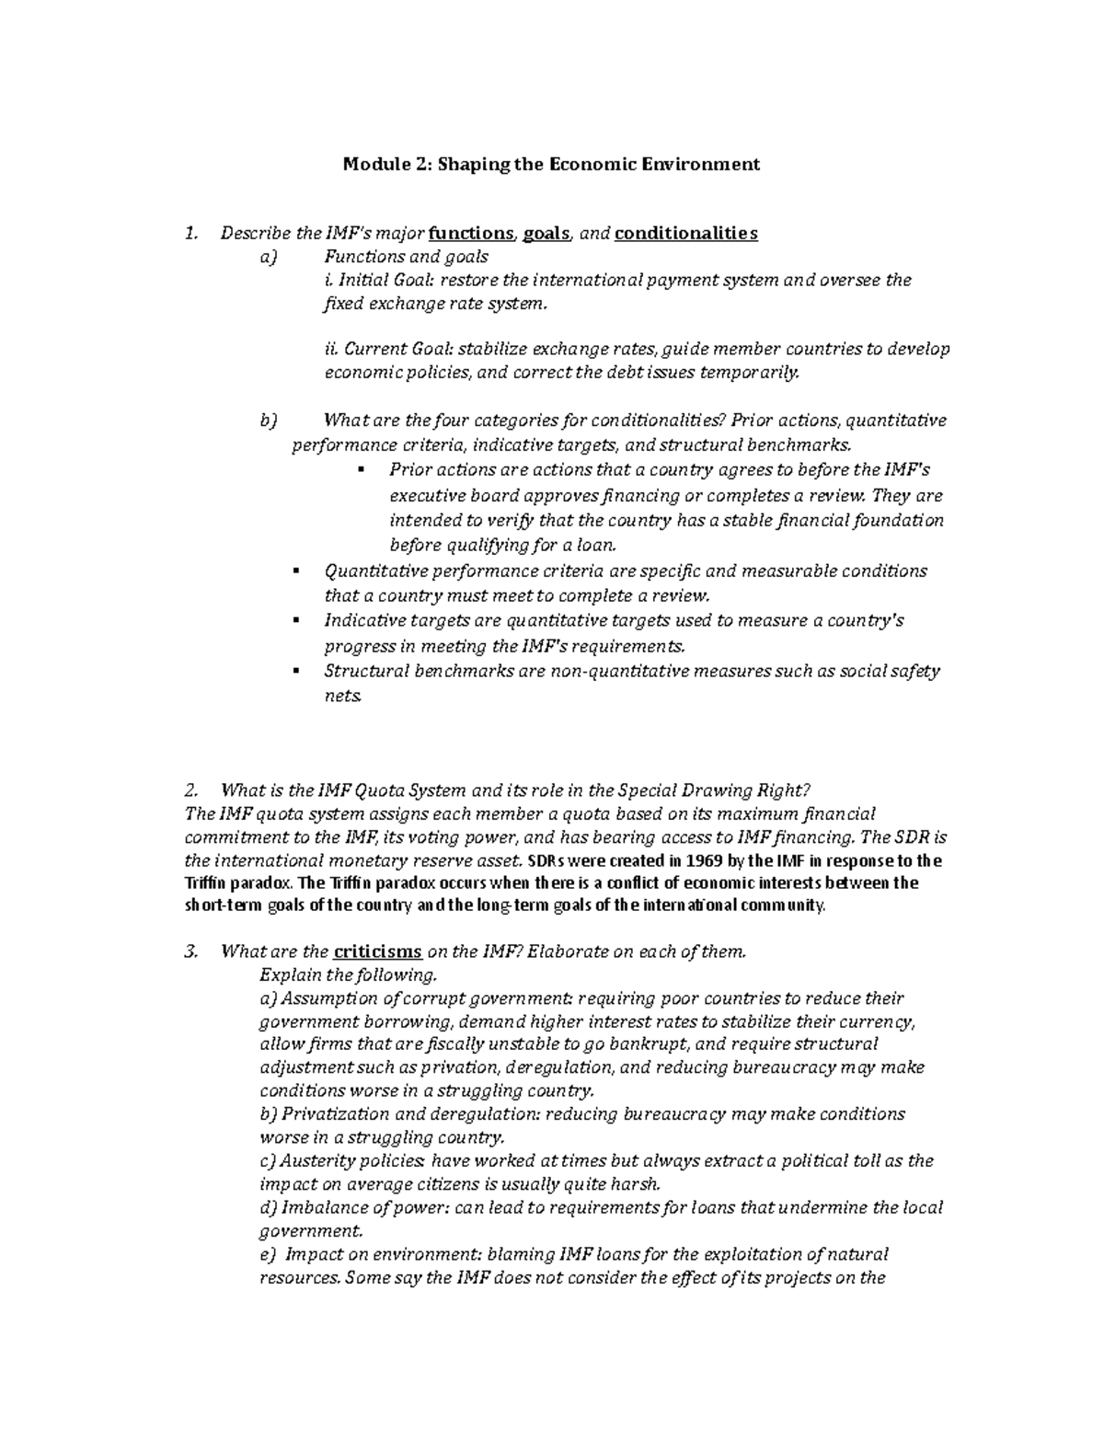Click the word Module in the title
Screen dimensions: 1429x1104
pyautogui.click(x=373, y=165)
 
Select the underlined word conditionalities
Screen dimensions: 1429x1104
pyautogui.click(x=685, y=234)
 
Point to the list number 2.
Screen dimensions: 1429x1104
pyautogui.click(x=190, y=790)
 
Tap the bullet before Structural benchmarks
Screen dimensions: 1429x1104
pyautogui.click(x=295, y=671)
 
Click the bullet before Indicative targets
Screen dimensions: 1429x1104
pyautogui.click(x=295, y=620)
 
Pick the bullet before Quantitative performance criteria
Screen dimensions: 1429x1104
pyautogui.click(x=295, y=570)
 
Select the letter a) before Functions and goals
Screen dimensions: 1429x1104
pyautogui.click(x=268, y=258)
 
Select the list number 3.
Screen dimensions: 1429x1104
pyautogui.click(x=190, y=952)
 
